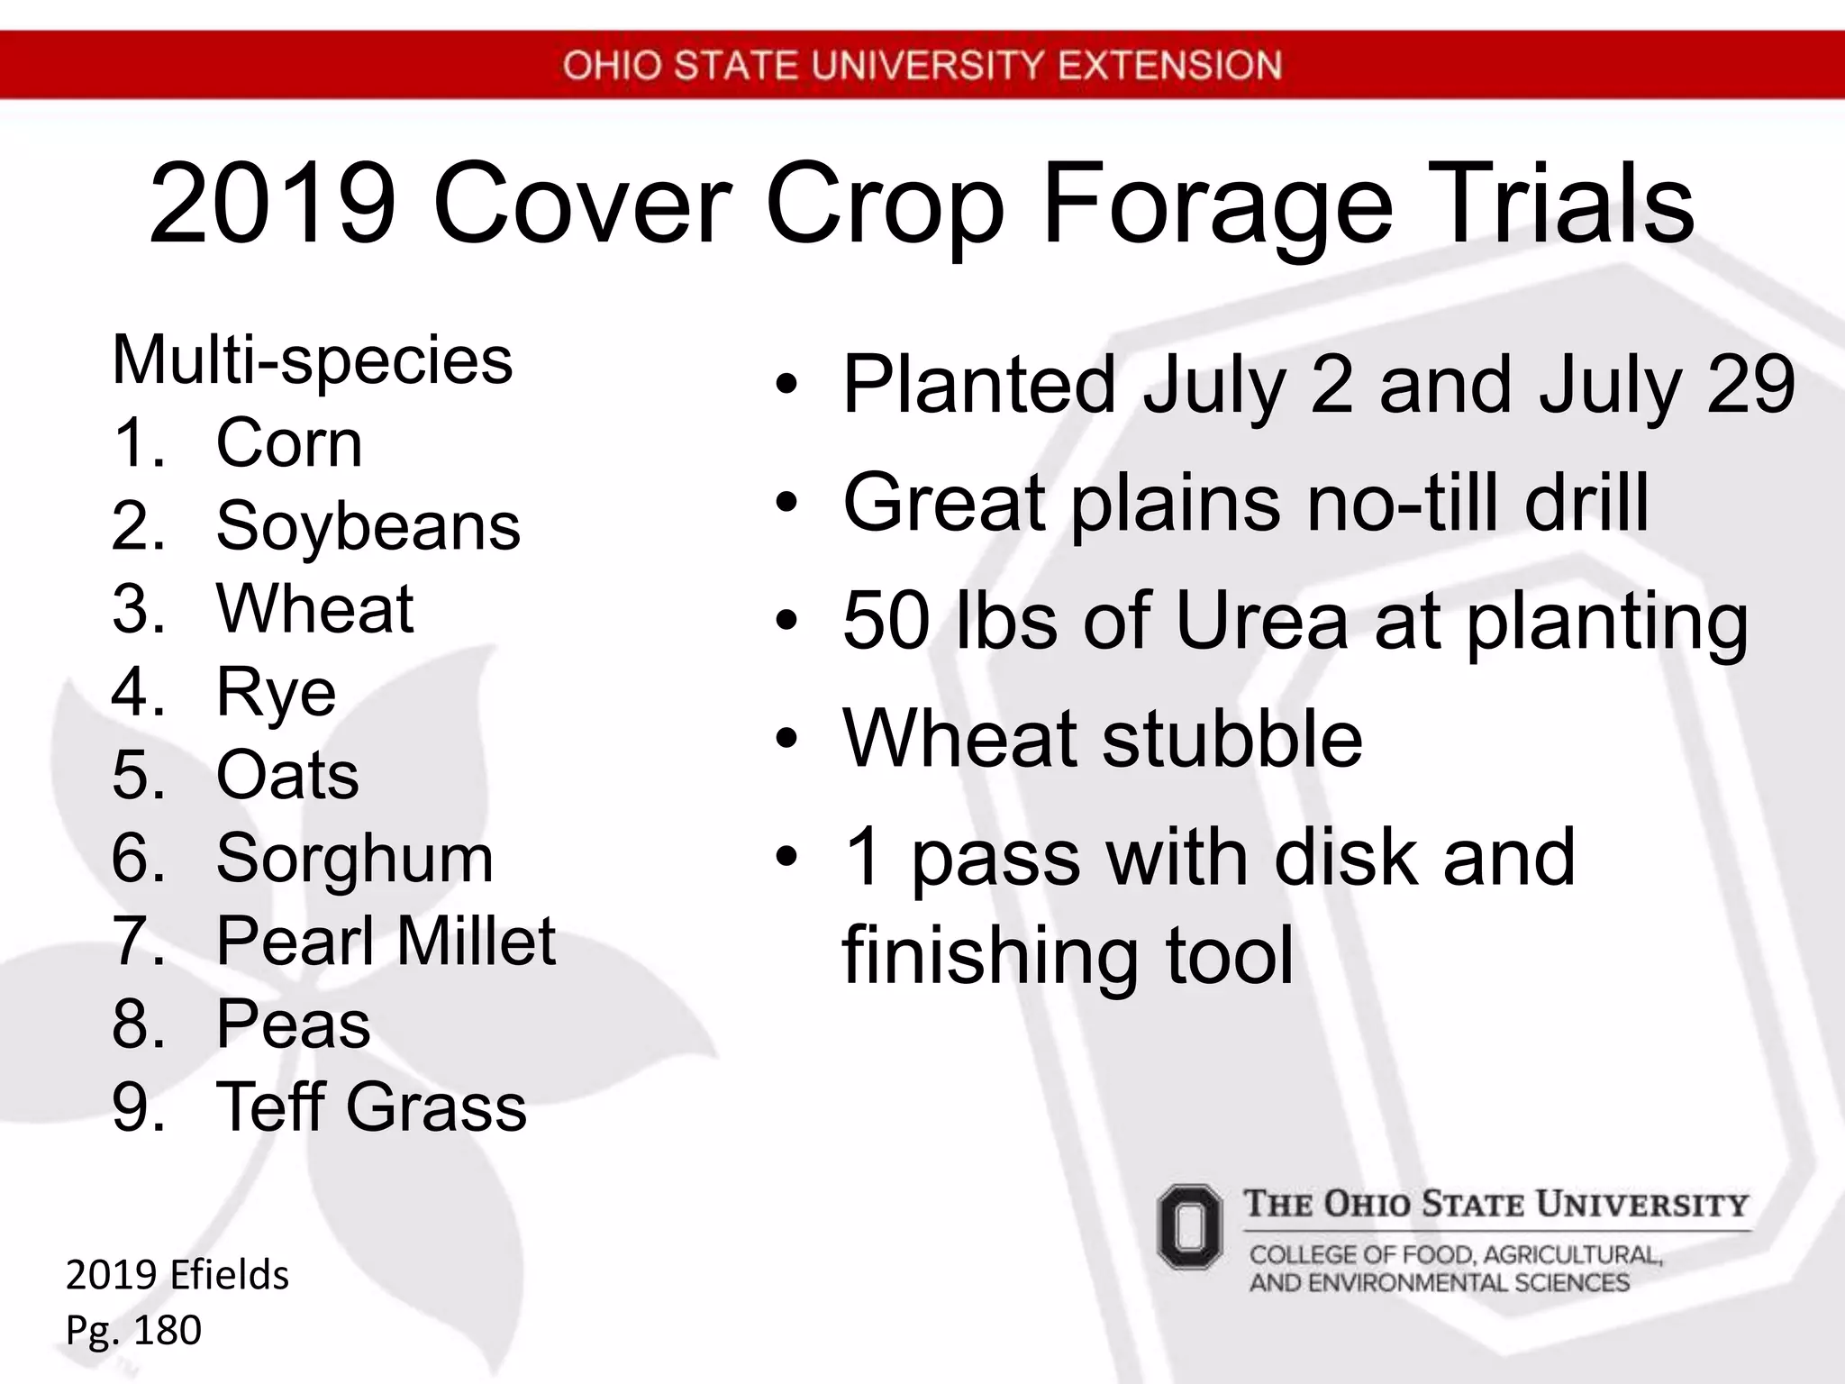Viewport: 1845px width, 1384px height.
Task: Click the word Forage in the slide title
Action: tap(1217, 207)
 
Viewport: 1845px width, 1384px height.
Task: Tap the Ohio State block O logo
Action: tap(1189, 1226)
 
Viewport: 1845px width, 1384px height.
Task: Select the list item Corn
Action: tap(289, 443)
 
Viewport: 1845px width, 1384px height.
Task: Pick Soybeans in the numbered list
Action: tap(368, 526)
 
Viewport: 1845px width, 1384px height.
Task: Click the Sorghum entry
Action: tap(355, 859)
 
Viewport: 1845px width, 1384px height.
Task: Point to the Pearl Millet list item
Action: tap(386, 942)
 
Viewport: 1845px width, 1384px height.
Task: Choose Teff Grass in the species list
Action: tap(371, 1107)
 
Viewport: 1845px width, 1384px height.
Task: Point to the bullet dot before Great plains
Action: tap(786, 504)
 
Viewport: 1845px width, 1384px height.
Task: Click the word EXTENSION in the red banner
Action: tap(1168, 66)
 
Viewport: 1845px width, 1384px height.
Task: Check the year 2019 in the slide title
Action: tap(273, 205)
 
